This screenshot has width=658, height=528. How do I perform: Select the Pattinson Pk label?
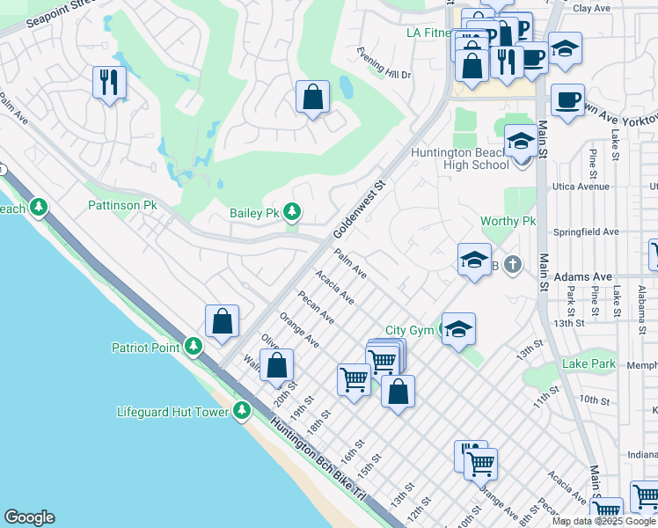(122, 205)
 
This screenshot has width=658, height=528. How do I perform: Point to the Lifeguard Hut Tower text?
(172, 411)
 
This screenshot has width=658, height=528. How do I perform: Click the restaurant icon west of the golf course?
(110, 83)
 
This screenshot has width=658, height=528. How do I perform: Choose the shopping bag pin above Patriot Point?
(223, 321)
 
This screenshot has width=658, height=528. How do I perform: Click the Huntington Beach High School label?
(460, 158)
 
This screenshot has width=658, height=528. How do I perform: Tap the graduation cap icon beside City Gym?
(458, 329)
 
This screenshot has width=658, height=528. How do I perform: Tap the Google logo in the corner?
(29, 517)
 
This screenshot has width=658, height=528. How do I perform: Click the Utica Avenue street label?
(580, 187)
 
